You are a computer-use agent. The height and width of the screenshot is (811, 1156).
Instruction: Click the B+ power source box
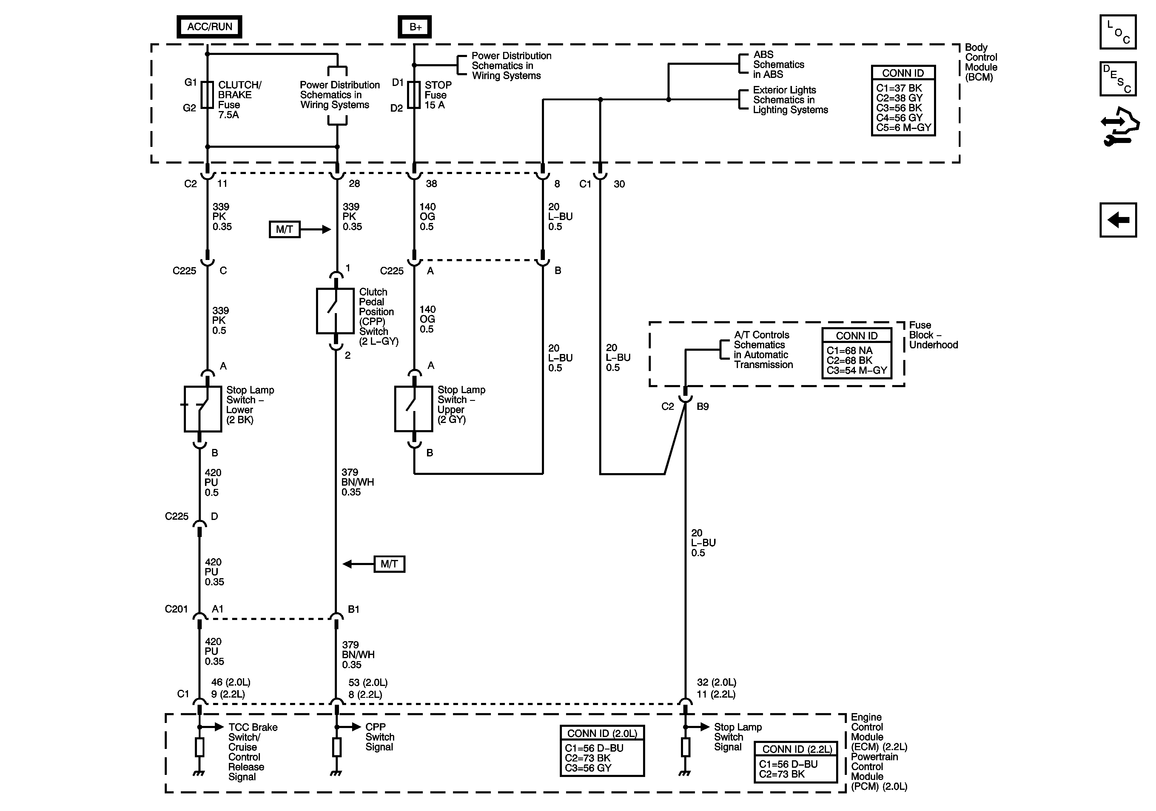tap(415, 27)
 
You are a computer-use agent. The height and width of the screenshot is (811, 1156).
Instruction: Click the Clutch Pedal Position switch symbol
tap(335, 311)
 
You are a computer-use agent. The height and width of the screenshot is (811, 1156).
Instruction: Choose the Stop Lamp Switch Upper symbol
tap(413, 409)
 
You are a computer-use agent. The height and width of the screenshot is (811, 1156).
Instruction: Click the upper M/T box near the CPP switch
tap(284, 229)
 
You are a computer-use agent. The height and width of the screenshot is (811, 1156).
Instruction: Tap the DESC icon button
tap(1118, 79)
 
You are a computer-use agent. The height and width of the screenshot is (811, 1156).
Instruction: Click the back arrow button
tap(1118, 220)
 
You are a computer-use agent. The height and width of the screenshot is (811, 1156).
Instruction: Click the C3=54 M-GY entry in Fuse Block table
tap(856, 370)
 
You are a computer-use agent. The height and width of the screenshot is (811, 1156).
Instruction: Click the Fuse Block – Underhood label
tap(933, 335)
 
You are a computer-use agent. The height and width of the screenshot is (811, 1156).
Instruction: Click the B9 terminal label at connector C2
tap(703, 407)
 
